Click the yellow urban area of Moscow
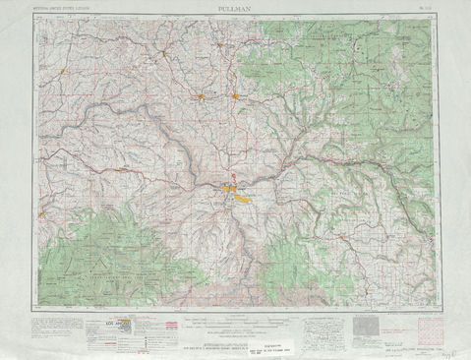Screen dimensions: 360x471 [x=236, y=96]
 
